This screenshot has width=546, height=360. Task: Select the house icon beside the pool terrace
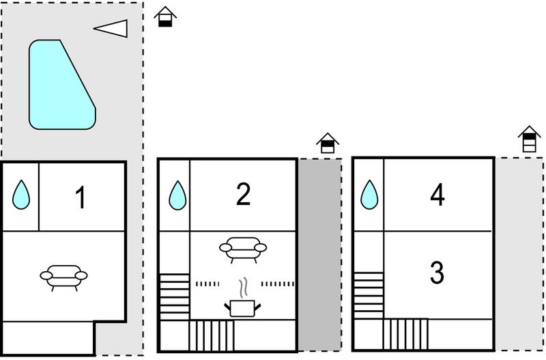pos(165,16)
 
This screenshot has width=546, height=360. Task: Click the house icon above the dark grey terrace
pos(328,143)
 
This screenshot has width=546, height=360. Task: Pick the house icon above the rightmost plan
pos(529,139)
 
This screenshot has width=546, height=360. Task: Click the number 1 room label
pos(81,197)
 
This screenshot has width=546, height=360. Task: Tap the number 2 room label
pos(243,194)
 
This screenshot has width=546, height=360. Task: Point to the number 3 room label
pos(437,273)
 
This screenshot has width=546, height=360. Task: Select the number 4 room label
pos(437,195)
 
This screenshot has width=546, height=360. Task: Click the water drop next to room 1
pos(21,195)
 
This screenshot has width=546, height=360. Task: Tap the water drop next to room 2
pos(177,196)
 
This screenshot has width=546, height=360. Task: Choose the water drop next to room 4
pos(369,195)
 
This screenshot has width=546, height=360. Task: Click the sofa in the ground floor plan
pos(63,277)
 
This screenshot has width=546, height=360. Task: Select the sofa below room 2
pos(243,249)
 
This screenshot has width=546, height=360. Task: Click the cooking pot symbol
pos(242,308)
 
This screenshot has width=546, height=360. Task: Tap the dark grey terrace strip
pos(319,255)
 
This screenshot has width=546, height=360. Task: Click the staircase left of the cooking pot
pos(175,297)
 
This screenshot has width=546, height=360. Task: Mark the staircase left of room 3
pos(369,296)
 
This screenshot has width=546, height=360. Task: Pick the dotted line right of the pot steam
pos(278,284)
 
